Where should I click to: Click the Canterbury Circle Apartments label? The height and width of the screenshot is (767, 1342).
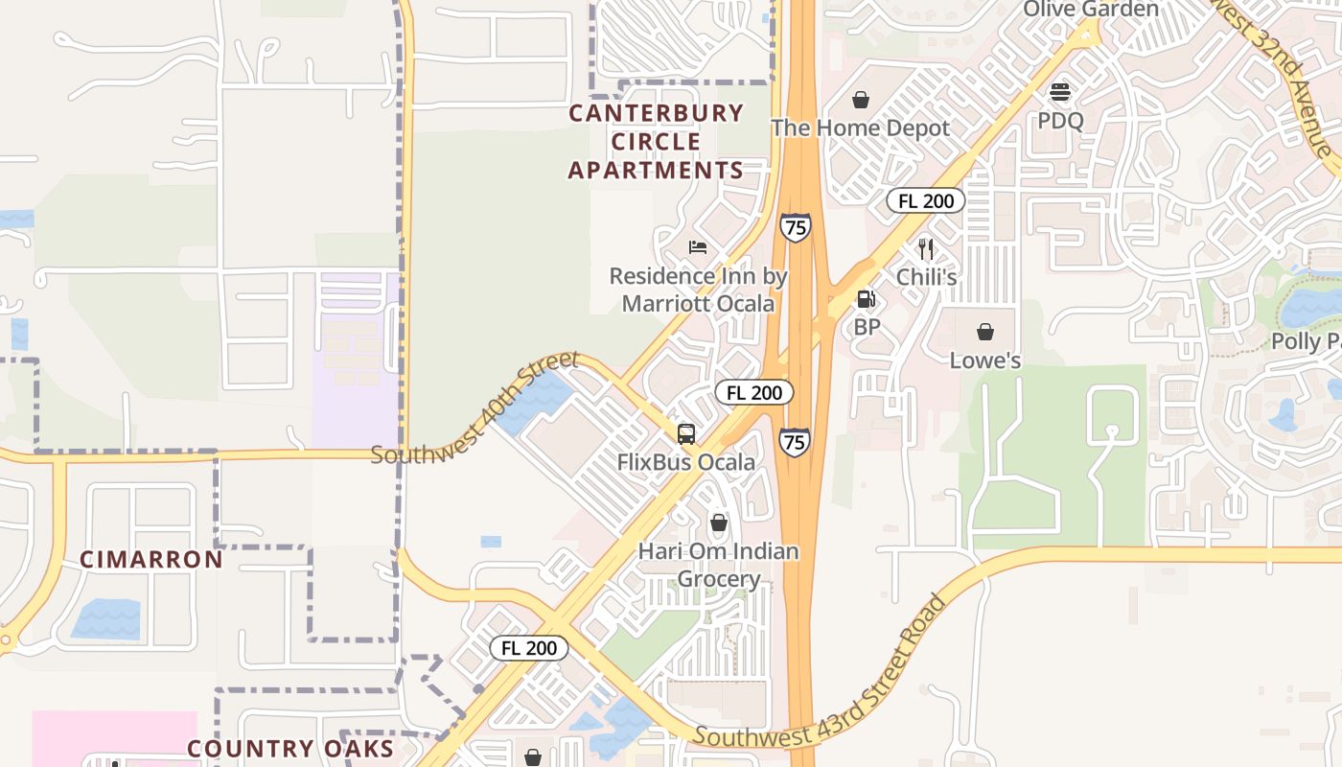[x=656, y=142]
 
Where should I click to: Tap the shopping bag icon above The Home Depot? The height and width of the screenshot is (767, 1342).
[x=861, y=100]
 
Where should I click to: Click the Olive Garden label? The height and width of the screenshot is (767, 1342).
[x=1091, y=10]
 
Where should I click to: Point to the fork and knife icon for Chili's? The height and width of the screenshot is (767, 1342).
[x=926, y=249]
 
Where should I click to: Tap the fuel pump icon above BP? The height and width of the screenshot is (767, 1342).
[x=867, y=300]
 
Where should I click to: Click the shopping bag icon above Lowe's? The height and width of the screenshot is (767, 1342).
[x=984, y=333]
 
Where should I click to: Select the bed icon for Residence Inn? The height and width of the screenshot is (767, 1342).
[x=698, y=247]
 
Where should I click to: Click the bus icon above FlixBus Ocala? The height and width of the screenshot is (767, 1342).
[x=686, y=433]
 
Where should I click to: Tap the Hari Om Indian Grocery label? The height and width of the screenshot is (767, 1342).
[x=719, y=565]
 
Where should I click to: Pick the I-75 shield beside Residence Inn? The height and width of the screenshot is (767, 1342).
[x=795, y=227]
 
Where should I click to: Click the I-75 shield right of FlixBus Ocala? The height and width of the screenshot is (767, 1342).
[x=794, y=441]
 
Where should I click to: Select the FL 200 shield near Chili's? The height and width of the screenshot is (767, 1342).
[x=925, y=200]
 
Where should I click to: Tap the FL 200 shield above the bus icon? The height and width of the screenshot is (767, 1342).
[x=753, y=392]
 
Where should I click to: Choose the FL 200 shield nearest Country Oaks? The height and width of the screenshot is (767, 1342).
[x=529, y=648]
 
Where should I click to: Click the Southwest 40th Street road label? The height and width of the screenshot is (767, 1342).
[x=475, y=408]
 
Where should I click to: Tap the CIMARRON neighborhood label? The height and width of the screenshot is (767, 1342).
[x=151, y=559]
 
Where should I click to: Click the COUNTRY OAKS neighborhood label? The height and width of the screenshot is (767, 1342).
[x=289, y=749]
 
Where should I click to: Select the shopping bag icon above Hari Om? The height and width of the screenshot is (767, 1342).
[x=719, y=523]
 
